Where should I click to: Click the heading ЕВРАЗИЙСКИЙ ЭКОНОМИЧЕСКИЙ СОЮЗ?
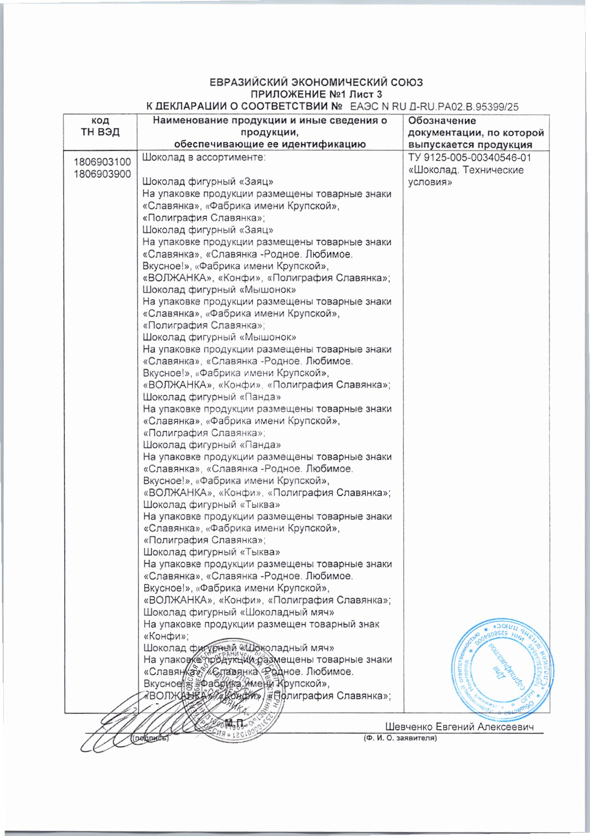316,82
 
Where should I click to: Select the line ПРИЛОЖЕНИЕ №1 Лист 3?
316,94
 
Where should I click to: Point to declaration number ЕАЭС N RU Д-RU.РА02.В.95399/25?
435,107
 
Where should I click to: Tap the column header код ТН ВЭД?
100,126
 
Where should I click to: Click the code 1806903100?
102,162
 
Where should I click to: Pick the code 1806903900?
102,174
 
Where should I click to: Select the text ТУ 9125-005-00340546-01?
470,158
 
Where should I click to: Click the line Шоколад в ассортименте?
204,158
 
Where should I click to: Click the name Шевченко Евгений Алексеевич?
460,727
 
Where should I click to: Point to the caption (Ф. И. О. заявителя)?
400,738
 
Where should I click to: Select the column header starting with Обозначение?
476,132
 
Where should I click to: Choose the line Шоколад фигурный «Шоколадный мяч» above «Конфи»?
239,612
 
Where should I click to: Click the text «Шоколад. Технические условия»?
465,176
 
